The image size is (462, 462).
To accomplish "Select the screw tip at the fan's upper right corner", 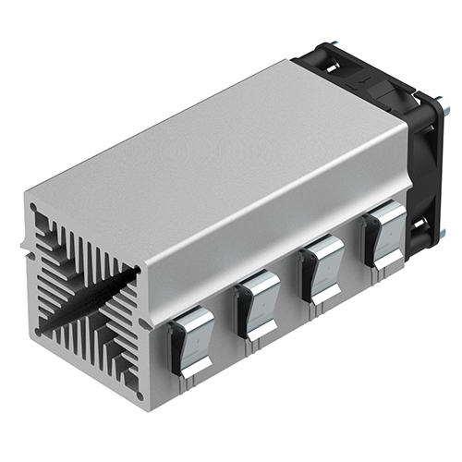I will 445,109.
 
